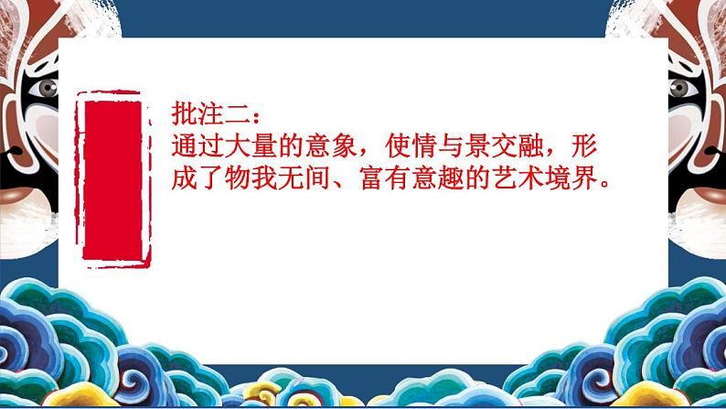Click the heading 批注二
[210, 116]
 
